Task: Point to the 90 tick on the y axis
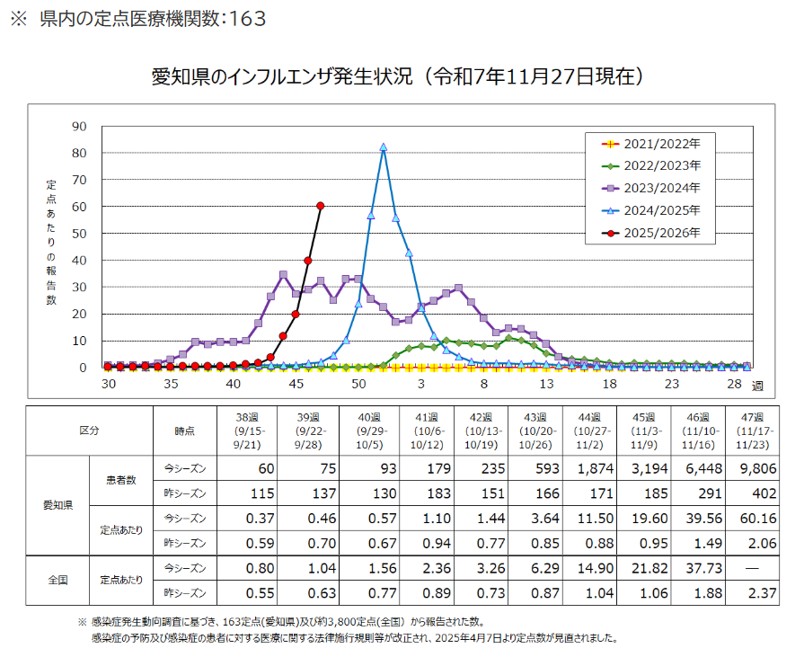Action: point(80,127)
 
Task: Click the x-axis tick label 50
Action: point(358,384)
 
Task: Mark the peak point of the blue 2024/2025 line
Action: point(384,147)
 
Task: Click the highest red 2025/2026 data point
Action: point(321,206)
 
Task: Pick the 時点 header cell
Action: point(185,431)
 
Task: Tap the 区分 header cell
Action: point(90,431)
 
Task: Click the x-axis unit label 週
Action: point(757,386)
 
